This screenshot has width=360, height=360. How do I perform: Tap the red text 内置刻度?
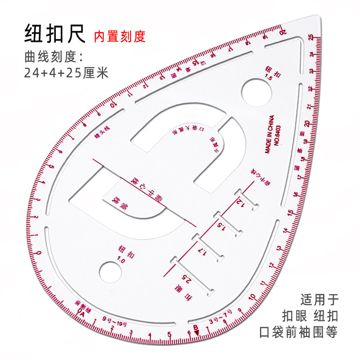coord(120,36)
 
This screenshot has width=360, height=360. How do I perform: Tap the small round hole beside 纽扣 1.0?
coord(110,271)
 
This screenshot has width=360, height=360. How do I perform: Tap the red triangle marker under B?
coord(197,332)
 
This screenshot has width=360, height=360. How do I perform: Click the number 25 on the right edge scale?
coord(311,39)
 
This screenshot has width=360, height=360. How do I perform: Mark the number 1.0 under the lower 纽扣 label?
coord(120,259)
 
